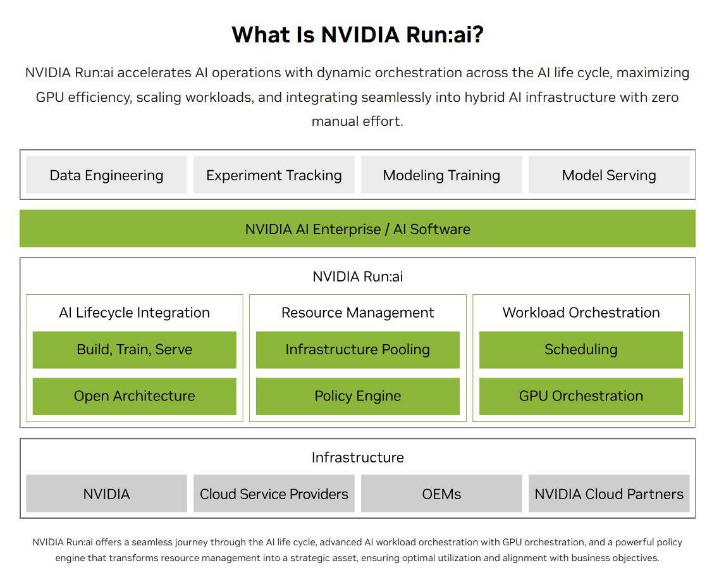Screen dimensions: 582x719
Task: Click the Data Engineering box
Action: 106,175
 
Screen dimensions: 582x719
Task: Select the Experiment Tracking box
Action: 274,175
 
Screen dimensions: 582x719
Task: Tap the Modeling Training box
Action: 441,175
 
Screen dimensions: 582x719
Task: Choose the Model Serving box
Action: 608,175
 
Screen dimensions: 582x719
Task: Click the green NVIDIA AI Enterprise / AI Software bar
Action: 357,229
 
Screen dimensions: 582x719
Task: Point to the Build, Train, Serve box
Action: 134,350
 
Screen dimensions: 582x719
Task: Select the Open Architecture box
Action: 134,397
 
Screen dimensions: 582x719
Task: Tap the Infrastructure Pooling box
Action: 357,350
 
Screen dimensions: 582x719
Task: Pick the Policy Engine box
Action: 357,397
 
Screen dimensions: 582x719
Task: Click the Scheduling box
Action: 581,350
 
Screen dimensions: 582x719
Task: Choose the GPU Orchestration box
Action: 581,397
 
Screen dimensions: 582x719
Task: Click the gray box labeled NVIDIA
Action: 106,494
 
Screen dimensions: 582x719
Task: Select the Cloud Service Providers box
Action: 274,494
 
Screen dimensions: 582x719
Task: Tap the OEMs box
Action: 441,494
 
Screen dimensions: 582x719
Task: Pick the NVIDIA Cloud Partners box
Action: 608,494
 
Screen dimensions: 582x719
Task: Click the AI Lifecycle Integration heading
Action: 134,313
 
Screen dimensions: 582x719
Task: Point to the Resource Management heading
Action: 357,313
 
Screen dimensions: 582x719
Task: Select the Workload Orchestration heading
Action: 581,313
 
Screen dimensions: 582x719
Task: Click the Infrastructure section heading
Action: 357,457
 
